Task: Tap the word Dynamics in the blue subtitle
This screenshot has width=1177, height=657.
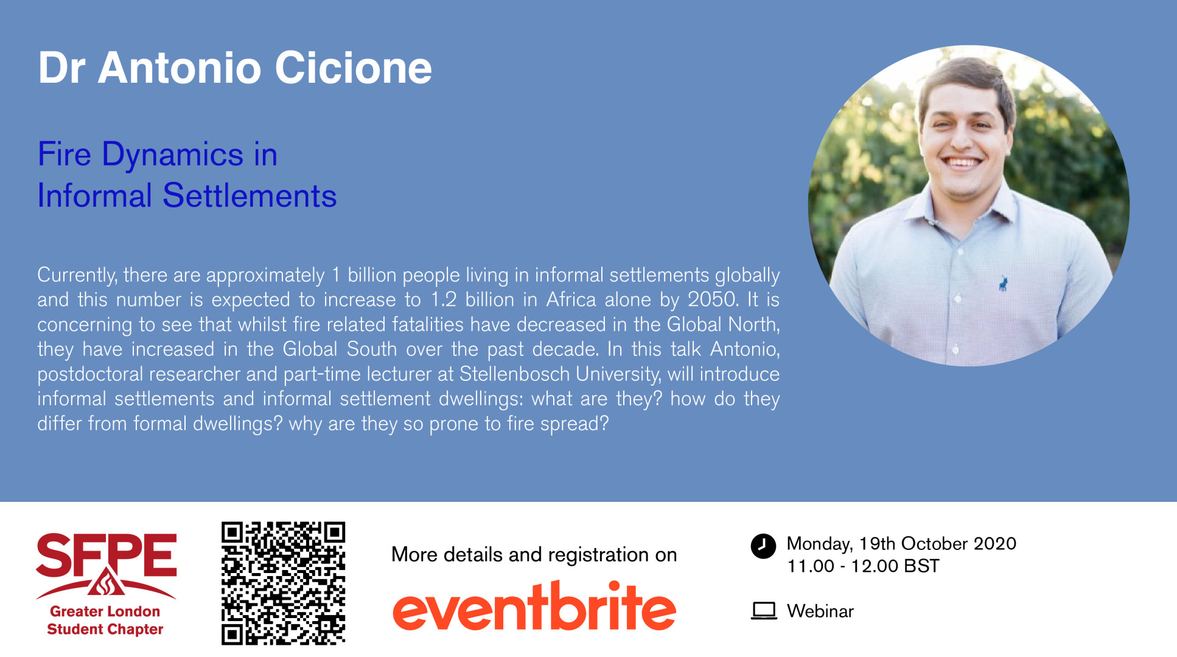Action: click(x=173, y=155)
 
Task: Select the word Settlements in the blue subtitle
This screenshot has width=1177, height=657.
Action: click(x=250, y=196)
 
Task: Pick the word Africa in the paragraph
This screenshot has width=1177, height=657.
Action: click(x=571, y=299)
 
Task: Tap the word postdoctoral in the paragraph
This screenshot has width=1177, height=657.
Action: click(x=91, y=374)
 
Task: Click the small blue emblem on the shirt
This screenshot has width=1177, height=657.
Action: click(x=1003, y=283)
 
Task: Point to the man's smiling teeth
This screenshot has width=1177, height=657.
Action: click(x=962, y=163)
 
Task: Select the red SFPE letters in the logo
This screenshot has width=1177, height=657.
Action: click(x=107, y=555)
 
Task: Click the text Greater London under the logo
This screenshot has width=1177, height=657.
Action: click(x=105, y=611)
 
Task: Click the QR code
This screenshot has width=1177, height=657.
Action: click(x=283, y=583)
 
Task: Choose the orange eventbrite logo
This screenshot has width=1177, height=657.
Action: click(x=534, y=606)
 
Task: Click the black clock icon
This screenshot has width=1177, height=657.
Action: click(x=763, y=546)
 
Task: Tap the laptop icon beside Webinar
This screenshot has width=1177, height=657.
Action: click(x=764, y=611)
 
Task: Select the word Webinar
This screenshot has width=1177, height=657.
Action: click(x=820, y=611)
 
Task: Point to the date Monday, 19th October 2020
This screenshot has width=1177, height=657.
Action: click(x=901, y=543)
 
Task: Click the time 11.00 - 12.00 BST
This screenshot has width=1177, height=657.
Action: click(x=863, y=566)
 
